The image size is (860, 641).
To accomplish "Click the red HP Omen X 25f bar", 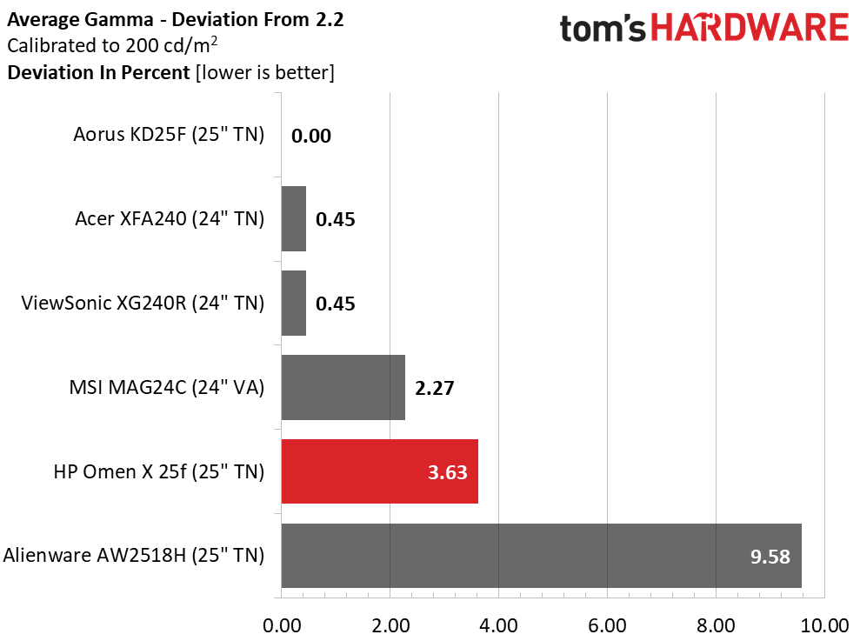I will tap(380, 471).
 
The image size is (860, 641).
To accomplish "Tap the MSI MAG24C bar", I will tap(343, 387).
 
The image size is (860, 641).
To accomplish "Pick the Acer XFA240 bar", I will tap(294, 219).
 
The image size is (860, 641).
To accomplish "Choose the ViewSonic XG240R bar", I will tap(294, 303).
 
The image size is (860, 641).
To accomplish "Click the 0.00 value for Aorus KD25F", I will tap(311, 136).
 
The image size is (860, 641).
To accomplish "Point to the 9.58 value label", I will tap(771, 557).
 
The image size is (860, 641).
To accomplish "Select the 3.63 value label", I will tap(448, 472).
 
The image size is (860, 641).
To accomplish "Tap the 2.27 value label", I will tap(435, 388).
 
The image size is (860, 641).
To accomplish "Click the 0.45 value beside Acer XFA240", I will tap(336, 219).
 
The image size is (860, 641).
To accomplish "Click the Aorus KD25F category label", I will tap(169, 135).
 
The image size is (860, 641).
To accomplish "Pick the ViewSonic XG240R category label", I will tap(143, 303).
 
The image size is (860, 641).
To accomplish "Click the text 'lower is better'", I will tap(264, 72).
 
